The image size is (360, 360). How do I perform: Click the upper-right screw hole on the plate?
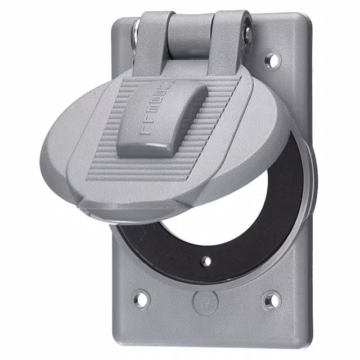[x=271, y=58]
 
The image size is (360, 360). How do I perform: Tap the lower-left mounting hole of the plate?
[x=141, y=298]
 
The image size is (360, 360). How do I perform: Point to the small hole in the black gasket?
[x=206, y=261]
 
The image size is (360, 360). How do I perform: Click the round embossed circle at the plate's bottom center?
[x=203, y=302]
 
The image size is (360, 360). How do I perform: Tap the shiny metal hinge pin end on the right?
[x=246, y=34]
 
